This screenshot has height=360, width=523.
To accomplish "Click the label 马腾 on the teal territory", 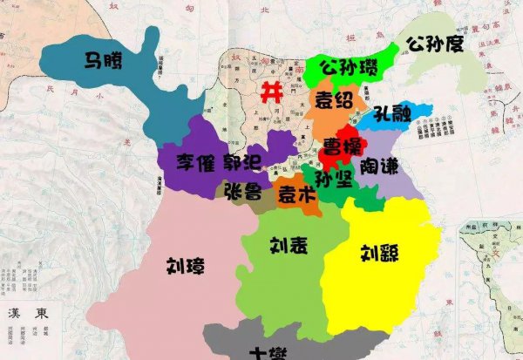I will (x=103, y=60).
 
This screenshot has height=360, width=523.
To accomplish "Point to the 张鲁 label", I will (x=241, y=190).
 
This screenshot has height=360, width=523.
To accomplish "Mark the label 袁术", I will (x=295, y=197).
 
